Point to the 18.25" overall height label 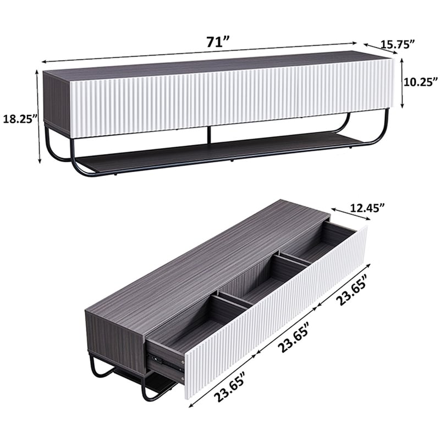(x=20, y=118)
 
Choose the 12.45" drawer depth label (x=366, y=207)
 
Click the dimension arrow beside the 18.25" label (x=38, y=116)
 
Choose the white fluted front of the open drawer (x=275, y=319)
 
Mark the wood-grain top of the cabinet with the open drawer (x=209, y=258)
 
